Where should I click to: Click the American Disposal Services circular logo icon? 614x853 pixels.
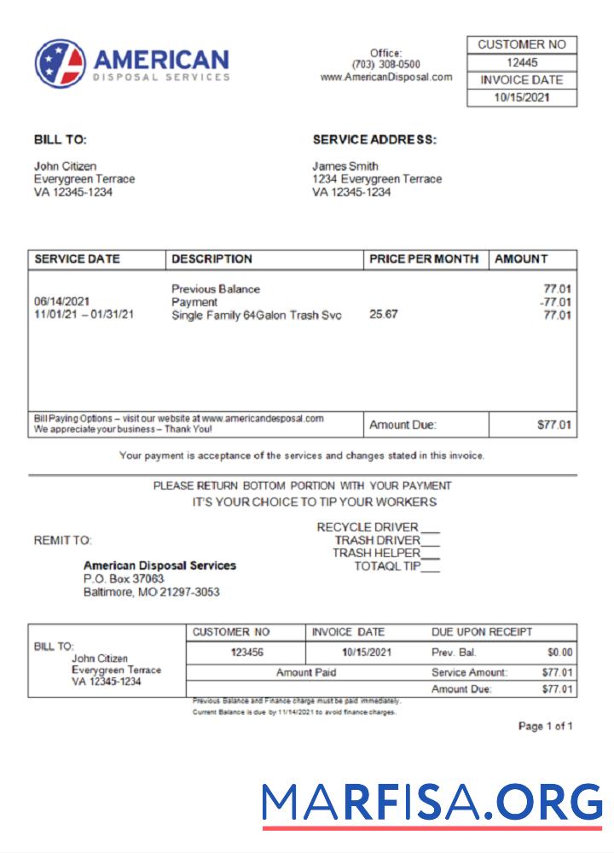[x=61, y=64]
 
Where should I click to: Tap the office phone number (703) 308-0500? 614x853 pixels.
[x=385, y=65]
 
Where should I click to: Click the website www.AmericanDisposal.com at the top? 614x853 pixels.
[x=385, y=77]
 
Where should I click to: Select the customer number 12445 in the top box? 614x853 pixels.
[x=522, y=62]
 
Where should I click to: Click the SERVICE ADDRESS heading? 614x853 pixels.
[x=374, y=140]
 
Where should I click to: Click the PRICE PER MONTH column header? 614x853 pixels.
[x=424, y=259]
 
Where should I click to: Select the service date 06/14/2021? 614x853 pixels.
[x=62, y=302]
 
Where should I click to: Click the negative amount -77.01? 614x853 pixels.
[x=555, y=302]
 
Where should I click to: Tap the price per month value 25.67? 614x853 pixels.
[x=384, y=315]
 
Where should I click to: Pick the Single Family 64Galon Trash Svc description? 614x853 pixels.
[x=256, y=316]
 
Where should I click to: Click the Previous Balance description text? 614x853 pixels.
[x=216, y=289]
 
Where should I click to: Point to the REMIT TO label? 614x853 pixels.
[x=62, y=540]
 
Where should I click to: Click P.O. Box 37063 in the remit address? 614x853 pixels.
[x=124, y=578]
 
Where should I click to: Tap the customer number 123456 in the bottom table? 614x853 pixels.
[x=247, y=653]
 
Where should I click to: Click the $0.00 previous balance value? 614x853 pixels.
[x=559, y=653]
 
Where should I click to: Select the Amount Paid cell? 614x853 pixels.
[x=306, y=672]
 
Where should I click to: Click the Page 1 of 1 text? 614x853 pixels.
[x=545, y=727]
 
